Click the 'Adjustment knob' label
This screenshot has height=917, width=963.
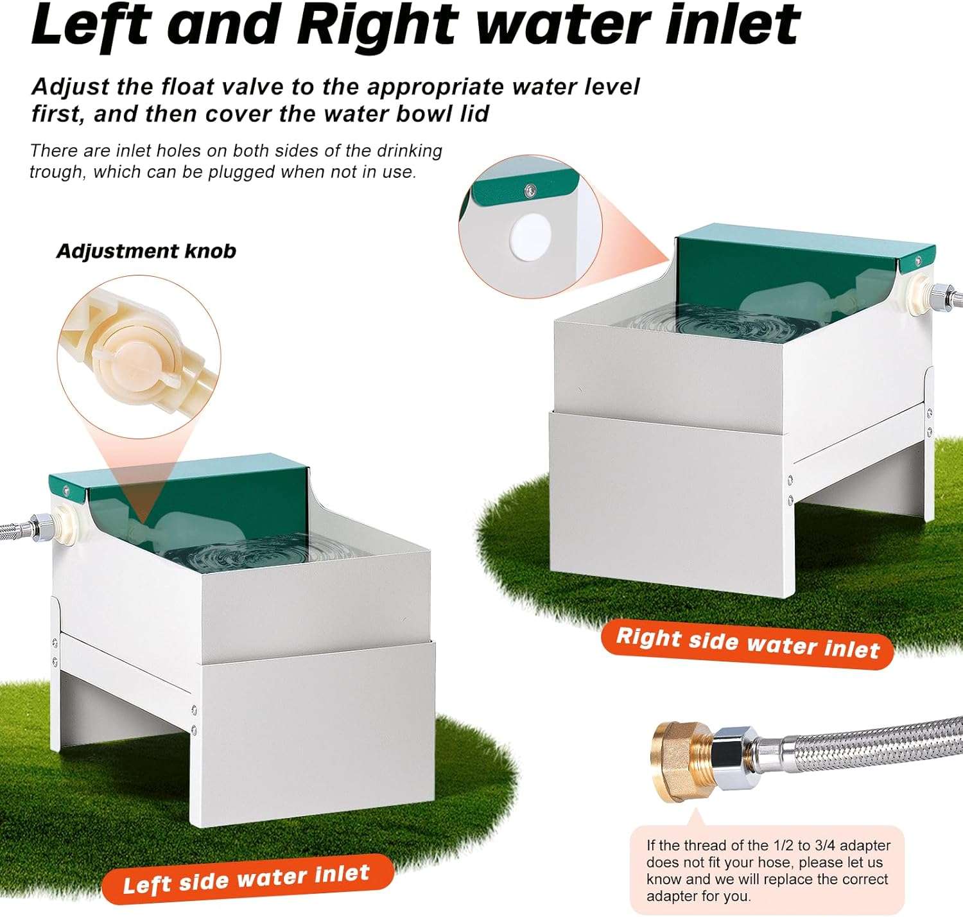(x=146, y=252)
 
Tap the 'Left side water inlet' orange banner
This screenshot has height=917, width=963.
(x=247, y=879)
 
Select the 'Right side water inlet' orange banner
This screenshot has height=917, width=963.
(x=747, y=643)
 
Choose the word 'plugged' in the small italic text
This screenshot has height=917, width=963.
(x=240, y=173)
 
